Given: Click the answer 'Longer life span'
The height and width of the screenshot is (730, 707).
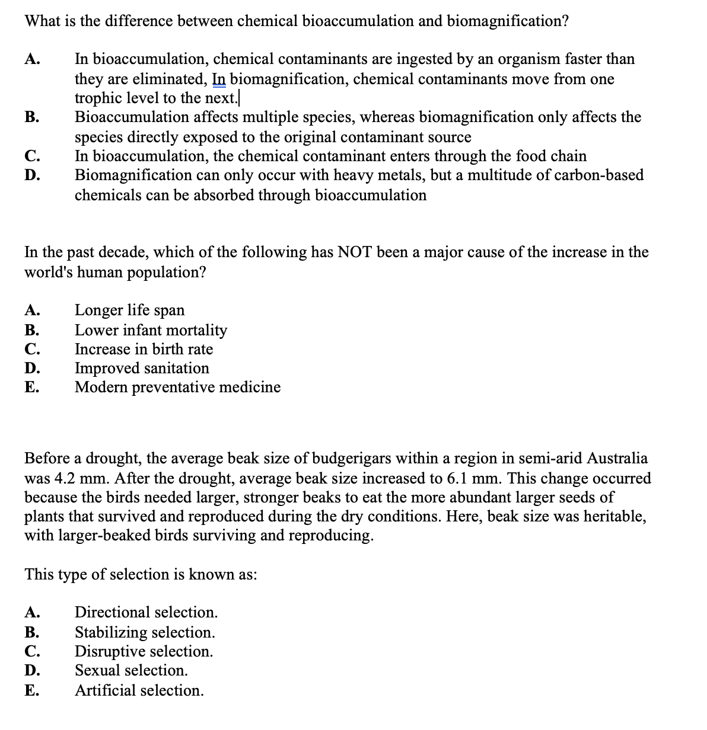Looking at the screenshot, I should click(129, 310).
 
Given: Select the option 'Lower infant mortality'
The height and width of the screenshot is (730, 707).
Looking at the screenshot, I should click(151, 329).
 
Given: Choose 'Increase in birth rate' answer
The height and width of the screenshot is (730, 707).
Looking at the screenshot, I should click(144, 349).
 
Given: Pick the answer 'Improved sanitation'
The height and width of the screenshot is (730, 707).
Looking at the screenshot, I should click(142, 368).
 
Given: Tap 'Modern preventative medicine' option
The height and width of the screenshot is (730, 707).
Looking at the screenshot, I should click(177, 387).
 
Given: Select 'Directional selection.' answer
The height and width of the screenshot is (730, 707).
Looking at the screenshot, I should click(146, 612).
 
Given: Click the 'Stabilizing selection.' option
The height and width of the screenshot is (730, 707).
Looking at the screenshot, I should click(145, 632).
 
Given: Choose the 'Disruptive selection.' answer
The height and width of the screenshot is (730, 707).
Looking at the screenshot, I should click(144, 651).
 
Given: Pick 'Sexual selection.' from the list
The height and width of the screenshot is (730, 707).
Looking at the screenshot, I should click(131, 670).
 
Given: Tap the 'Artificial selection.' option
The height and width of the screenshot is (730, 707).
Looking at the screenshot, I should click(139, 690).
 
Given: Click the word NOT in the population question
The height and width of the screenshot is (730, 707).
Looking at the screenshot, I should click(355, 252).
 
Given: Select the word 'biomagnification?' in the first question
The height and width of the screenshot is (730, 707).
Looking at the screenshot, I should click(508, 21).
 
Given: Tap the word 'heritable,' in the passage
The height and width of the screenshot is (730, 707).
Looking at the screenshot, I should click(615, 516).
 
